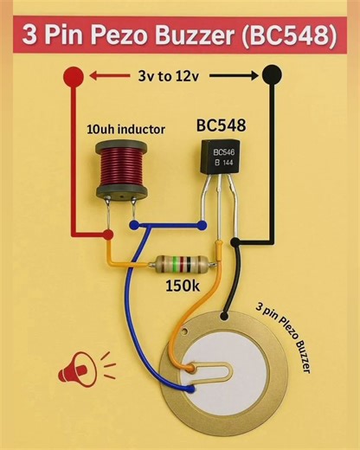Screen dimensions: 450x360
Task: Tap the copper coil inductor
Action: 118,166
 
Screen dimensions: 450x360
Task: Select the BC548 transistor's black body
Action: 221,157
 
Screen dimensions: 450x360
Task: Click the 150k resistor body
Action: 180,262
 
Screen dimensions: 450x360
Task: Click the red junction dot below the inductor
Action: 107,235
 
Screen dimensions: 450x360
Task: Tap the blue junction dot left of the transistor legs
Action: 132,225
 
